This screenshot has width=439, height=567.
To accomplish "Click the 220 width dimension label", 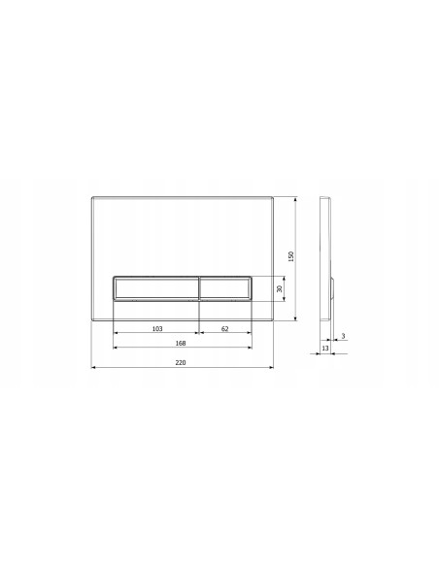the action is coord(181,362).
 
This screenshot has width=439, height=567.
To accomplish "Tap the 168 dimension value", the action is coord(181,343).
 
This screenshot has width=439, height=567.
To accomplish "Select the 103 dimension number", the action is coord(157,329).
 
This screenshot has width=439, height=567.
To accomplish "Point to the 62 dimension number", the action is coord(225,329).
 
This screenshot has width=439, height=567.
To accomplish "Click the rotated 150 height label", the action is coord(291,256).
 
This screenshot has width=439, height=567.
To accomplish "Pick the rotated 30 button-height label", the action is coord(279,289).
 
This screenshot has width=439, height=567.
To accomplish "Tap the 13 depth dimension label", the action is coord(325,348).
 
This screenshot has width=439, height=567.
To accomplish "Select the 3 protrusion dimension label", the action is coord(343,336).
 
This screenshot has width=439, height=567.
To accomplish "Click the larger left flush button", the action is coord(156,288).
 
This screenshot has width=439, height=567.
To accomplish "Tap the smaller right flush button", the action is coord(225,288).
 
